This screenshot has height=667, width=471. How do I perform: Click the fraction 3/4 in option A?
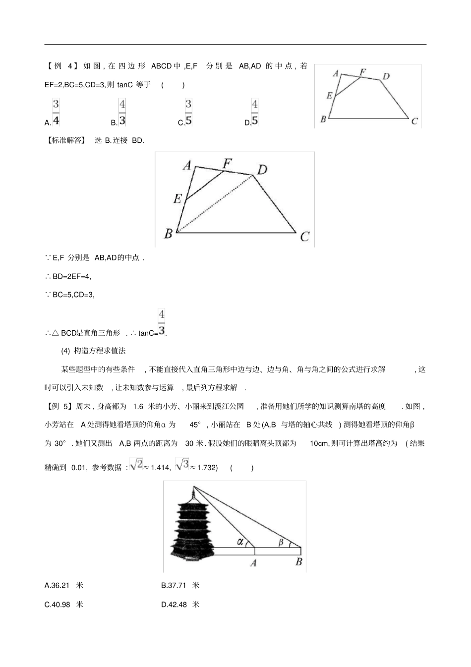coord(56,113)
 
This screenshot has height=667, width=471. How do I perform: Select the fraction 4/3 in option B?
coord(122,113)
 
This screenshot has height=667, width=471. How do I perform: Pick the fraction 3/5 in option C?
coord(188,113)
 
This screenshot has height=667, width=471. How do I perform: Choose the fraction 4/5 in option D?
coord(254,113)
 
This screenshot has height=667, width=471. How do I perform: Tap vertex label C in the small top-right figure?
coord(414,121)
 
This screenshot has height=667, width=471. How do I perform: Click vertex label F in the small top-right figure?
coord(362,72)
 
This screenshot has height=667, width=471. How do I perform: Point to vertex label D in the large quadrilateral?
coord(262,170)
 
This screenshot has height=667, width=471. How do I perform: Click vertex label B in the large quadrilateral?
coord(168,233)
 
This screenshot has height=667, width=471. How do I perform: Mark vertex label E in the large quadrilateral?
coord(177,199)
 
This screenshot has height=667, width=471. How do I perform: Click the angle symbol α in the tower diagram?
coord(240,542)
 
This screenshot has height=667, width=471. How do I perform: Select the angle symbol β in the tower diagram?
coord(281,543)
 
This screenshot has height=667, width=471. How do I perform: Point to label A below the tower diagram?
coord(253,563)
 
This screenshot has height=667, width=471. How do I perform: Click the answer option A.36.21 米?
coord(64,585)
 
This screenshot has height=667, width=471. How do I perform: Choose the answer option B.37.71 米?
coord(180,585)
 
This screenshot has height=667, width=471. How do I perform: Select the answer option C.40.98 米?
coord(64,605)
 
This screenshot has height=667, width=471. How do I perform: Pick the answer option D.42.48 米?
coord(180,605)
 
